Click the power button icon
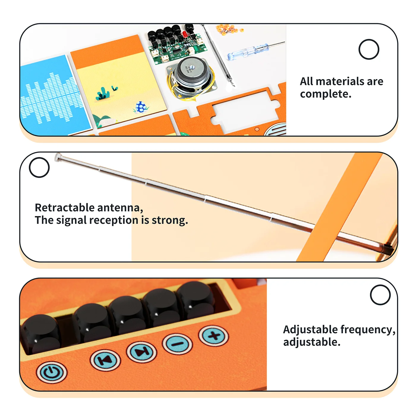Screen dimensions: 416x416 pyautogui.click(x=52, y=372)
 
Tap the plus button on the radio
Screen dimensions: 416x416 pyautogui.click(x=214, y=336)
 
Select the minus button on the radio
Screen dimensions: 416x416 pyautogui.click(x=177, y=344)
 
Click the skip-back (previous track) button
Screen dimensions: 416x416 pyautogui.click(x=105, y=360)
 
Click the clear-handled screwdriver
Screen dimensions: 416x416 pyautogui.click(x=256, y=51)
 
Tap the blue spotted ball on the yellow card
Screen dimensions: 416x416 pyautogui.click(x=141, y=107)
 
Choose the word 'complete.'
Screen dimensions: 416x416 pyautogui.click(x=326, y=94)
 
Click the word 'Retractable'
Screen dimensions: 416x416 pyautogui.click(x=65, y=207)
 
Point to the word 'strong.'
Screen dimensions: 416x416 pyautogui.click(x=170, y=220)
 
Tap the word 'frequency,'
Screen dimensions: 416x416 pyautogui.click(x=368, y=330)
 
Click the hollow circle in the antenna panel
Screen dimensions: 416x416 pyautogui.click(x=39, y=167)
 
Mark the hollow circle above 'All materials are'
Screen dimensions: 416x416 pyautogui.click(x=369, y=49)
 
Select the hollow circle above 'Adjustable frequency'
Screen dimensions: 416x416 pyautogui.click(x=380, y=295)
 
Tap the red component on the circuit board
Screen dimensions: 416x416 pyautogui.click(x=185, y=34)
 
